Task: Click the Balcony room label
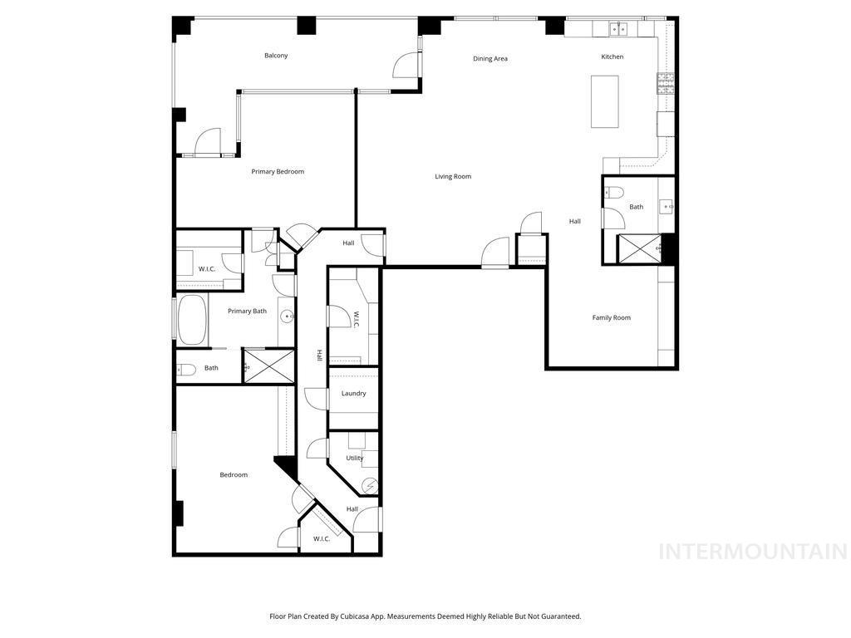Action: tap(276, 56)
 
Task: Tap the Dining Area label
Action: tap(490, 59)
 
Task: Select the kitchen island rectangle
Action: tap(604, 101)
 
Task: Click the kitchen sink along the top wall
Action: tap(618, 29)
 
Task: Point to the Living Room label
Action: tap(453, 176)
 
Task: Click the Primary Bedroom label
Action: tap(278, 172)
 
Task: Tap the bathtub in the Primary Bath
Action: tap(192, 320)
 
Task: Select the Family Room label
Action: tap(611, 317)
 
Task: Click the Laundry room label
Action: tap(353, 394)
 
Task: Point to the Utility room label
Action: tap(355, 458)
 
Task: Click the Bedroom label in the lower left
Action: tap(234, 475)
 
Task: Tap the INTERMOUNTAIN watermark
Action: tap(752, 552)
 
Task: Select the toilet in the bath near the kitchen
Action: tap(614, 193)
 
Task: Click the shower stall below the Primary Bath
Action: tap(268, 366)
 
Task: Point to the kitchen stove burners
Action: tap(666, 83)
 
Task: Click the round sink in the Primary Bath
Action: tap(287, 317)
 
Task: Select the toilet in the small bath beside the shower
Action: tap(186, 370)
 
